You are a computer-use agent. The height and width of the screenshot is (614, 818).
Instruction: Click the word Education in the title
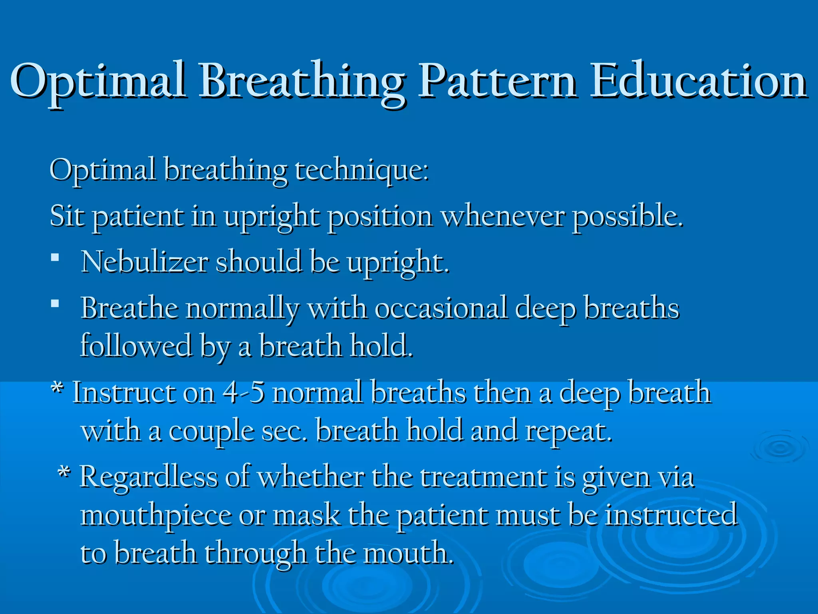[x=698, y=81]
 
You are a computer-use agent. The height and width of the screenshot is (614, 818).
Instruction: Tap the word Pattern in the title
[x=497, y=81]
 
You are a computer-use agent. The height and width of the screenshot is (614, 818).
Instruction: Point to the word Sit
[x=67, y=216]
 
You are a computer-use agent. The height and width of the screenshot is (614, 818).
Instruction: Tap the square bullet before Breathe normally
[x=55, y=304]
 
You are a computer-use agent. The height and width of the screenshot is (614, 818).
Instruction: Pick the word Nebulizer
[x=144, y=262]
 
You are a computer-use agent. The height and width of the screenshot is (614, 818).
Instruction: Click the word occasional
[x=441, y=309]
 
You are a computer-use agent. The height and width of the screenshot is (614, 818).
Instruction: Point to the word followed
[x=136, y=346]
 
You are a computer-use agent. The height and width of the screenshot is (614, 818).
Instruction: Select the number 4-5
[x=244, y=393]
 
